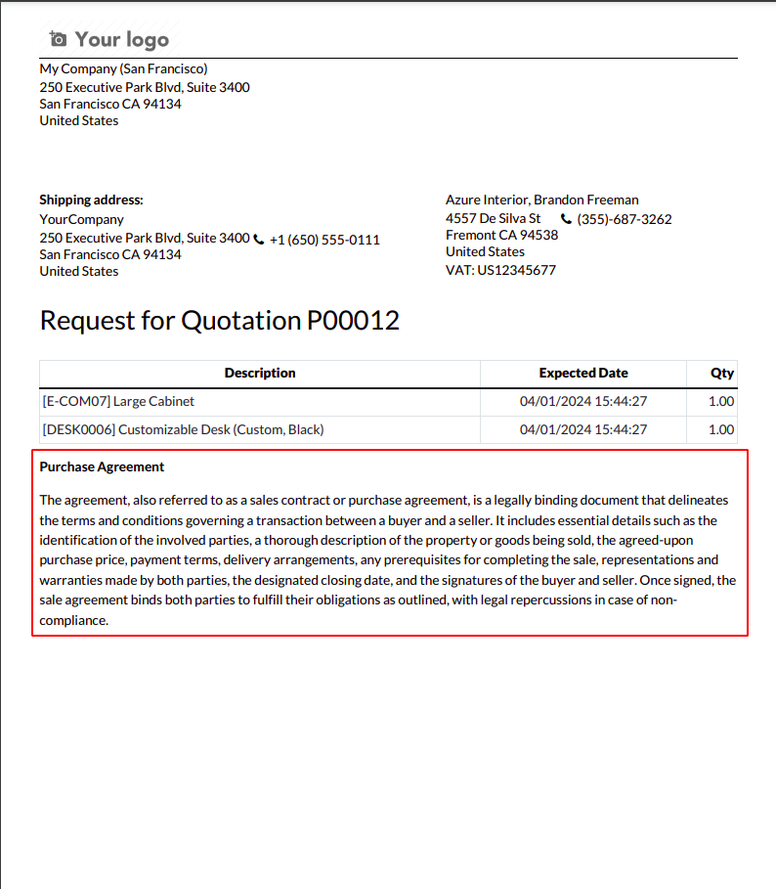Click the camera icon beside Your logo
[x=59, y=39]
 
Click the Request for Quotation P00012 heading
[x=219, y=321]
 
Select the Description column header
[x=260, y=373]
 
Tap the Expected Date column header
[x=583, y=373]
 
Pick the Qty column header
[x=722, y=373]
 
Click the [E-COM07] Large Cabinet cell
[x=118, y=401]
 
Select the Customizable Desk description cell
[x=183, y=429]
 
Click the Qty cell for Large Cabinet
[x=720, y=401]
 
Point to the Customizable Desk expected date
[x=583, y=429]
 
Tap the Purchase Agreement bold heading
[x=102, y=467]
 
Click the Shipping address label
[x=91, y=200]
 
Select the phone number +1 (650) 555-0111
[x=324, y=240]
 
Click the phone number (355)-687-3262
[x=625, y=219]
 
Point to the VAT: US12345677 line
[x=500, y=270]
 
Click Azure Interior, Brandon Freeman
[x=541, y=200]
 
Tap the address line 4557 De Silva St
[x=493, y=218]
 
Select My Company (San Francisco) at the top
[x=123, y=68]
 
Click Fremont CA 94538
[x=501, y=235]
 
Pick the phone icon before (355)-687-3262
[x=566, y=219]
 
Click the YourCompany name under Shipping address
[x=81, y=219]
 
